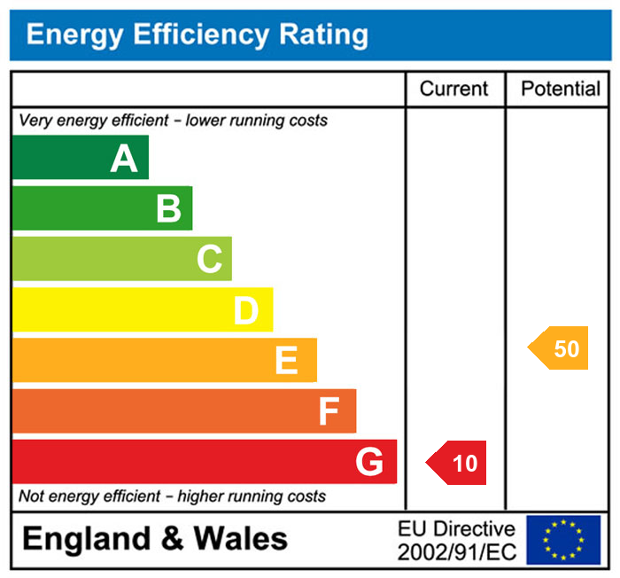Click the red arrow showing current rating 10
(x=458, y=463)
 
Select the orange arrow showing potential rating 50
(x=560, y=348)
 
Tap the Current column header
(x=453, y=89)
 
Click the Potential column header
(x=561, y=89)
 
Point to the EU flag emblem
(x=563, y=540)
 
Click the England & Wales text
(x=155, y=539)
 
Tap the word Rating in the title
(x=324, y=35)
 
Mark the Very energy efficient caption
(x=173, y=120)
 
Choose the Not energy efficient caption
(x=172, y=496)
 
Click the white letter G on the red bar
(x=369, y=462)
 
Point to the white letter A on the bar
(x=124, y=159)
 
